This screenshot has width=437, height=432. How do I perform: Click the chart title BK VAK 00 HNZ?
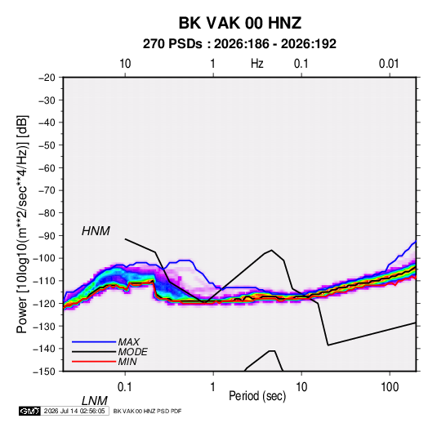tap(239, 23)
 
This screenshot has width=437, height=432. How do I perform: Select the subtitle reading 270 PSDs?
tap(172, 44)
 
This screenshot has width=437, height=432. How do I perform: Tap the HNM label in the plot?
tap(96, 231)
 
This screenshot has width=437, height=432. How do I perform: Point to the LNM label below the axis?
tap(94, 401)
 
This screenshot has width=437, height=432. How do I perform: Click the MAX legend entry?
tap(129, 341)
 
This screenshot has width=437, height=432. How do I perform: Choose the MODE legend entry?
tap(132, 352)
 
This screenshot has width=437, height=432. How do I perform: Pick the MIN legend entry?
tap(127, 362)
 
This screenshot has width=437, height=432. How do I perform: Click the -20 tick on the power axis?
tap(47, 78)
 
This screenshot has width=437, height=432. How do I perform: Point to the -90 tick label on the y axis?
tap(47, 235)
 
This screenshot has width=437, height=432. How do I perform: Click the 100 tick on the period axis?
tap(390, 387)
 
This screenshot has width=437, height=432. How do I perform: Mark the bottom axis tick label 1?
tap(213, 387)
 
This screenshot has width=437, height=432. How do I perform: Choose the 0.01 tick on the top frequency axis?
tap(389, 64)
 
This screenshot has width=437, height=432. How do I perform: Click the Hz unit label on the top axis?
tap(257, 64)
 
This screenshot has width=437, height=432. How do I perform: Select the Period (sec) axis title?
tap(257, 396)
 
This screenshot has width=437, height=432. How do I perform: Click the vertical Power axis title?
tap(22, 224)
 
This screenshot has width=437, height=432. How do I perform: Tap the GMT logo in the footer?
tap(29, 411)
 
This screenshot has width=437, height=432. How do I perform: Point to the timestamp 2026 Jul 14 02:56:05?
tap(74, 411)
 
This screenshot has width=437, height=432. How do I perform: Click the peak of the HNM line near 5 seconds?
tap(271, 250)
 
